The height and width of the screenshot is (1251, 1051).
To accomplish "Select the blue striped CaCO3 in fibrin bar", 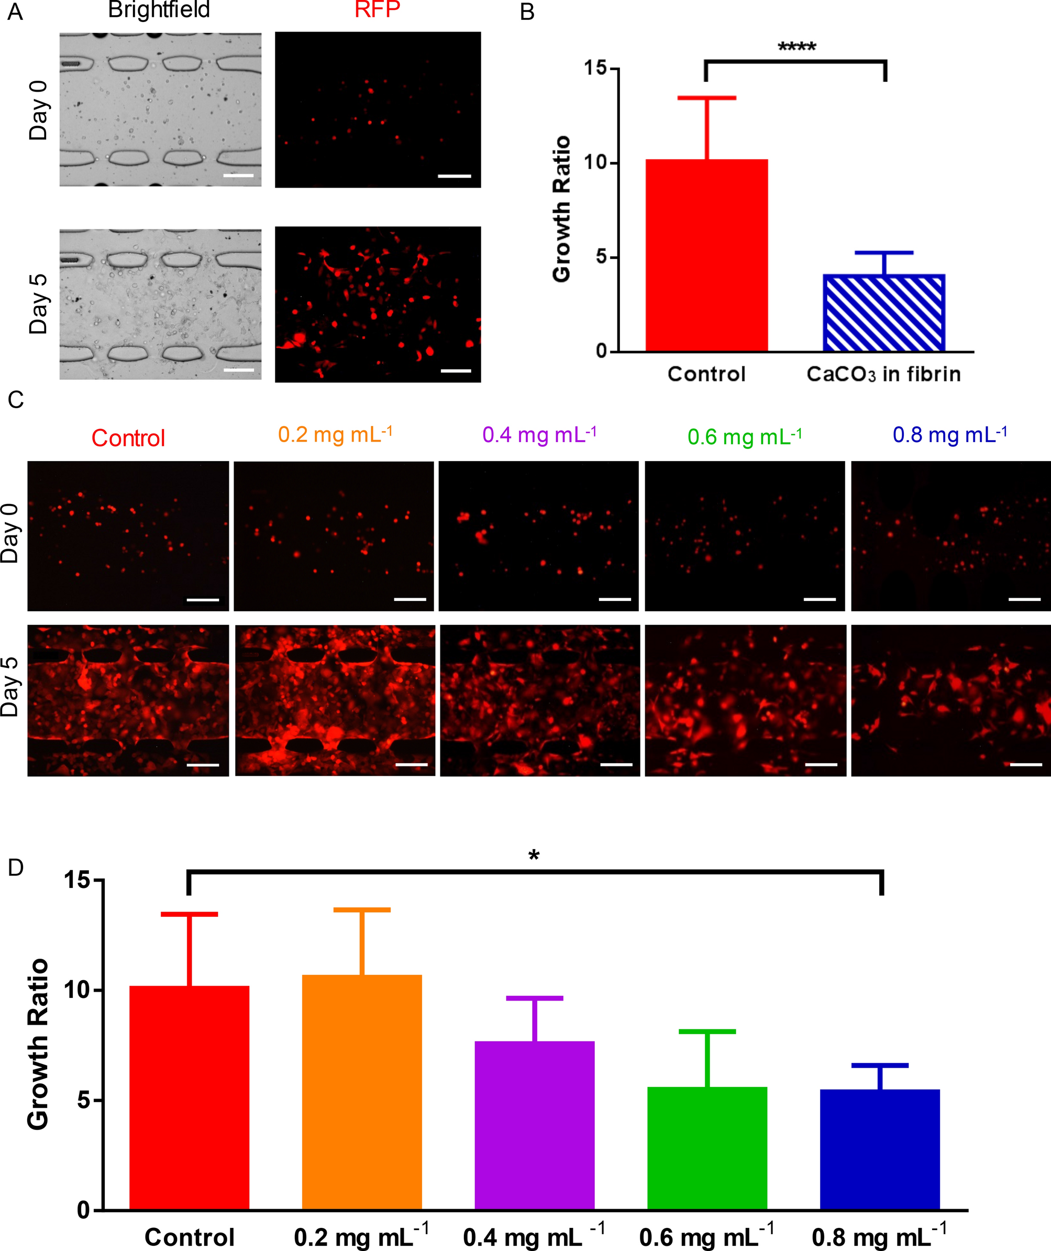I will pyautogui.click(x=883, y=312).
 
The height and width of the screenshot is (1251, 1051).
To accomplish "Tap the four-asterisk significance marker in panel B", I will pyautogui.click(x=796, y=47).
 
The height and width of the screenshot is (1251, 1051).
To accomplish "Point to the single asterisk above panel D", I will pyautogui.click(x=534, y=857).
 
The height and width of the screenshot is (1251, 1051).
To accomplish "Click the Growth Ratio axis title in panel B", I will pyautogui.click(x=562, y=208).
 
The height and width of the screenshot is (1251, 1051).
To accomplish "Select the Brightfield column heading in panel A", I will pyautogui.click(x=159, y=10).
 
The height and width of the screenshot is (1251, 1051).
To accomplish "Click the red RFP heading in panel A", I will pyautogui.click(x=377, y=10).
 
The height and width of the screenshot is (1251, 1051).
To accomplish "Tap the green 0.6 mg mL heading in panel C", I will pyautogui.click(x=744, y=437).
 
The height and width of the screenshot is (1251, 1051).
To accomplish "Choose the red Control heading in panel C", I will pyautogui.click(x=128, y=438).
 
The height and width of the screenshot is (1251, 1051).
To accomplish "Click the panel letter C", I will pyautogui.click(x=16, y=399).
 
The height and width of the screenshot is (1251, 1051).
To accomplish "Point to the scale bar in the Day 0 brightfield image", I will pyautogui.click(x=238, y=176).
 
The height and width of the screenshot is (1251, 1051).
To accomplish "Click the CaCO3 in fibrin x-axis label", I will pyautogui.click(x=883, y=374).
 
